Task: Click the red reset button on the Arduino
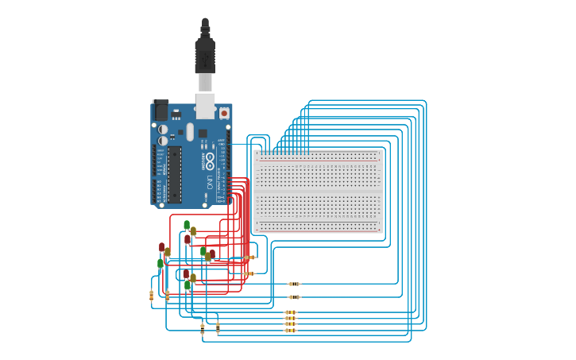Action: click(x=224, y=113)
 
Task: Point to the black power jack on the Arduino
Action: click(x=160, y=110)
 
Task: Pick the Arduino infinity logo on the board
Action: click(x=210, y=161)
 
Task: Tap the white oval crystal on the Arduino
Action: click(x=191, y=132)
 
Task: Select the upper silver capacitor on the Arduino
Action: click(x=163, y=129)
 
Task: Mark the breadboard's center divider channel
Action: click(x=318, y=192)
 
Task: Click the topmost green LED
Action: click(x=187, y=226)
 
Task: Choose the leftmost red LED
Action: click(x=162, y=248)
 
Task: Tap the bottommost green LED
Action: click(x=187, y=285)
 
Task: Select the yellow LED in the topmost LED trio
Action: click(x=193, y=231)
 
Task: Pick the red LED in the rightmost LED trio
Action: click(x=212, y=254)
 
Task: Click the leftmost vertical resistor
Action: click(x=151, y=296)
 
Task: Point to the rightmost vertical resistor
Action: click(x=218, y=327)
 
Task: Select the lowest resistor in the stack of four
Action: click(x=290, y=330)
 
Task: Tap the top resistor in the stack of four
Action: click(x=290, y=312)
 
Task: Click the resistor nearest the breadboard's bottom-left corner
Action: click(x=249, y=257)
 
